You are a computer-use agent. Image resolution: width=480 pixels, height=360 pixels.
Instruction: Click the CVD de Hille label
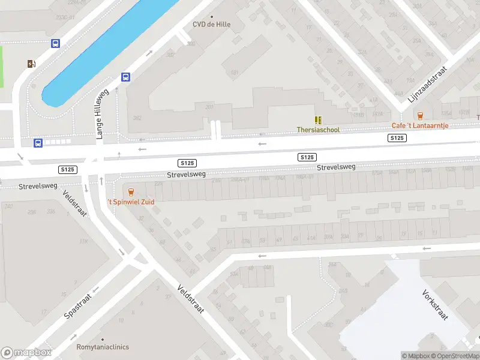tap(211, 25)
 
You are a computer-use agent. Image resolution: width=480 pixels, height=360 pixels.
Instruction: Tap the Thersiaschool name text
tap(318, 130)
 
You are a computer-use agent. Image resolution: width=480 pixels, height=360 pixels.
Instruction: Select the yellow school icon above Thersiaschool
tap(318, 120)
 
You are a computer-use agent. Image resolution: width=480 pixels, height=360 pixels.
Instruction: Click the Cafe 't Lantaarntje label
tap(420, 125)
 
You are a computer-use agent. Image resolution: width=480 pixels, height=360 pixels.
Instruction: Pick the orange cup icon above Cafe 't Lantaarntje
tap(420, 116)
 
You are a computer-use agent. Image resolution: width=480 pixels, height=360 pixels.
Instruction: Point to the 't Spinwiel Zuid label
tap(131, 202)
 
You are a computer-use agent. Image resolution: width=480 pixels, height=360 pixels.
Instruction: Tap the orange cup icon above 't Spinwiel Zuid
tap(131, 192)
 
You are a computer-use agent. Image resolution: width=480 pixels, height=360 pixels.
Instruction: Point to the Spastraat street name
tap(78, 306)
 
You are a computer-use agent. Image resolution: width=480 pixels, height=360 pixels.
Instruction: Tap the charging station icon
tap(31, 64)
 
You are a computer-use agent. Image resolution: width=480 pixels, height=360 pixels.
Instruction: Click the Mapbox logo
tap(26, 353)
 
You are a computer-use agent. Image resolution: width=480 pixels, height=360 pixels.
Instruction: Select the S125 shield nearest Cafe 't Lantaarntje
tap(397, 138)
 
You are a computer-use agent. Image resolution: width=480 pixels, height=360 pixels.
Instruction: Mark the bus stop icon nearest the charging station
tap(55, 43)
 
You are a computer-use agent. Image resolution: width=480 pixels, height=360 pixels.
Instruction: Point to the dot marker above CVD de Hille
tap(211, 17)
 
